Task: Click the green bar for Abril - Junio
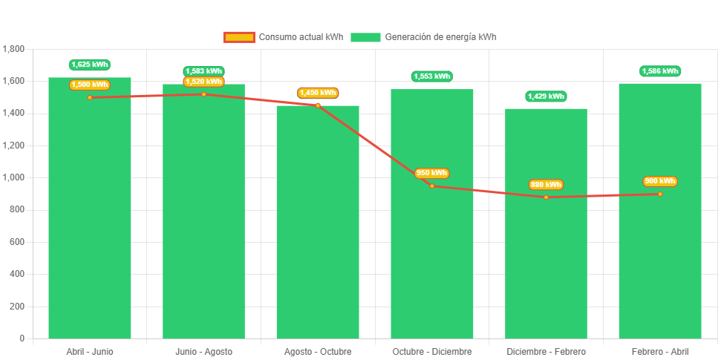click(x=90, y=223)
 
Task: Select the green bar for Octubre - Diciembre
click(x=432, y=260)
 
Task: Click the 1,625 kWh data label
click(x=90, y=65)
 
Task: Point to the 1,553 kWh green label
click(x=432, y=76)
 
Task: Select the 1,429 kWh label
click(x=546, y=96)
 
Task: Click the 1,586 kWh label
click(x=660, y=71)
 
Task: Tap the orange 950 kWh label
click(x=432, y=173)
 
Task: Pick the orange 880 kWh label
click(x=546, y=185)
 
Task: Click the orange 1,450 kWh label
click(x=318, y=93)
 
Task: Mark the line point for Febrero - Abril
click(x=660, y=194)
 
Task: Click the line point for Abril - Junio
click(x=90, y=97)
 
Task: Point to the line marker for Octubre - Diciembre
click(x=432, y=186)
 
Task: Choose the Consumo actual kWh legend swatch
click(x=238, y=37)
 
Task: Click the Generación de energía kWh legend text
click(x=441, y=37)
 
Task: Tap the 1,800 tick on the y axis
click(x=14, y=49)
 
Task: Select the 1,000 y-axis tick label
click(x=14, y=177)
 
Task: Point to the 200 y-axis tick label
click(x=17, y=306)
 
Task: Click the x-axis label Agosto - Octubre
click(x=318, y=351)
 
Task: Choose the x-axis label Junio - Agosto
click(x=204, y=351)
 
